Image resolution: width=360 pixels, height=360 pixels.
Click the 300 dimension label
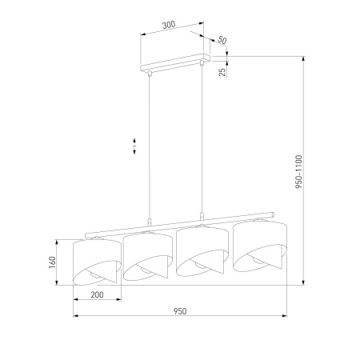point(169,25)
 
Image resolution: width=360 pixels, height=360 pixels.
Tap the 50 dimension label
point(222,40)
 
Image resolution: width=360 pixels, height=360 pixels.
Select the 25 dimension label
point(222,71)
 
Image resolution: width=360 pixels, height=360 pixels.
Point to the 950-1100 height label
point(299,172)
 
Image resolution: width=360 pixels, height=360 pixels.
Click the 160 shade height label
point(52,262)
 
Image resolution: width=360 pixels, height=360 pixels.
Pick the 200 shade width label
point(97,294)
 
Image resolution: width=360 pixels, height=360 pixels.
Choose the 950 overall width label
point(180,311)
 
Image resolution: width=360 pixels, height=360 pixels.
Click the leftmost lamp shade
point(97,262)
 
